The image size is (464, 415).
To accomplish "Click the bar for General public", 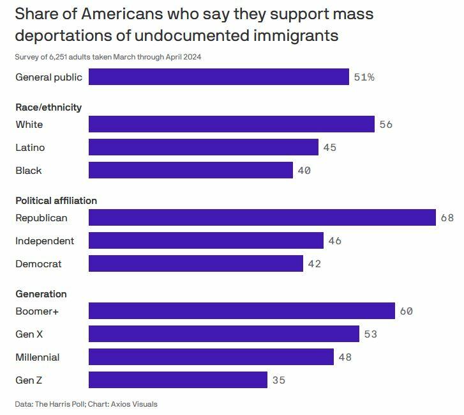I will (219, 77).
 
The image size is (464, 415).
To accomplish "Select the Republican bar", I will (262, 217).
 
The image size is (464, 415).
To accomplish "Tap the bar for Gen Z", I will (177, 380).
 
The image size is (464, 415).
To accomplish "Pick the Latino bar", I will (203, 148).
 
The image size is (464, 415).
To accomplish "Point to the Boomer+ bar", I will (241, 311).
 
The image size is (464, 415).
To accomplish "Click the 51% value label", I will (364, 77).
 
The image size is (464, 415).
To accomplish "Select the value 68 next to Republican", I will (447, 217).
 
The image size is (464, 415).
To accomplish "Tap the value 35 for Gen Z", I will (278, 380).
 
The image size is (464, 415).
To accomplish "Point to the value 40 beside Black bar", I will (304, 171).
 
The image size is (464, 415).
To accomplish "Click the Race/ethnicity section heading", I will (49, 107).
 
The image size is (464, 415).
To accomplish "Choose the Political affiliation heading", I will (56, 201).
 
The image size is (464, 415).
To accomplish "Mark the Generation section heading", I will (41, 294).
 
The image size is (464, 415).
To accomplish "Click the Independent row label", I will (45, 241).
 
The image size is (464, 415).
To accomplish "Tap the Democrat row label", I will (38, 264).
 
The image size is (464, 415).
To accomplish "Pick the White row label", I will (29, 124).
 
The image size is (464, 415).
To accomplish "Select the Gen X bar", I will (223, 334).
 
